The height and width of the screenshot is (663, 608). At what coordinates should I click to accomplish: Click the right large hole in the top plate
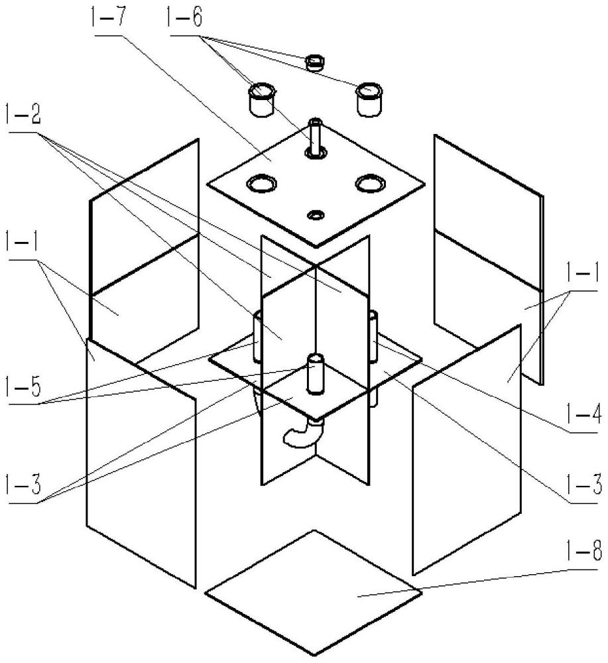370,184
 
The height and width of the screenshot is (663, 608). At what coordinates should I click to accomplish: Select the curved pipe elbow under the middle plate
301,435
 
